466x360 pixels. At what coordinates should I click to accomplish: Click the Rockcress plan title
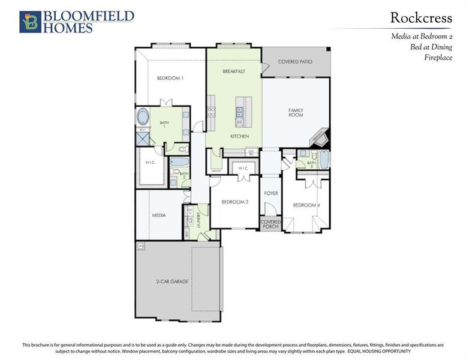pos(420,19)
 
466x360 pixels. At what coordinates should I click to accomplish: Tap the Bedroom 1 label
pos(170,78)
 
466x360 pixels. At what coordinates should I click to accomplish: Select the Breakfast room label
pos(234,71)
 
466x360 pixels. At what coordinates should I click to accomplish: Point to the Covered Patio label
pos(296,62)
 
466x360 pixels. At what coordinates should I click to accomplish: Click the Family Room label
pos(296,113)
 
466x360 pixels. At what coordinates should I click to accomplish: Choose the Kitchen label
pos(239,137)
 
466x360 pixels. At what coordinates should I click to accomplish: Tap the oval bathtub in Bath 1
pos(143,116)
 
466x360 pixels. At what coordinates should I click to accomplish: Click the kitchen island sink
pos(239,111)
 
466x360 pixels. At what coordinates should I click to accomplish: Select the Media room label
pos(158,215)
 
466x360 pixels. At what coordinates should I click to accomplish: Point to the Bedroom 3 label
pos(234,202)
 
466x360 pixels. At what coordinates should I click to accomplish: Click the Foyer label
pos(271,193)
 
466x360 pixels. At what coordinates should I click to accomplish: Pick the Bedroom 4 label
pos(306,205)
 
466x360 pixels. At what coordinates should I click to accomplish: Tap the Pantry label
pos(216,171)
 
